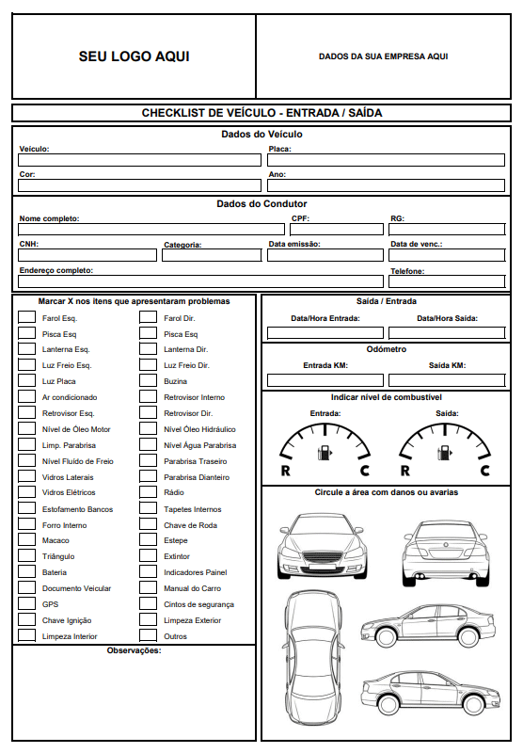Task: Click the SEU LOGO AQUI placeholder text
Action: click(x=134, y=56)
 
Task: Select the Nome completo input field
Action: click(x=151, y=230)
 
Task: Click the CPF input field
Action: click(x=336, y=230)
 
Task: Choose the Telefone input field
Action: click(x=451, y=281)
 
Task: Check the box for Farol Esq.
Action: click(x=26, y=317)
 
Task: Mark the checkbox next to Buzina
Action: click(x=148, y=381)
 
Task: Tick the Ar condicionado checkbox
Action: click(x=26, y=397)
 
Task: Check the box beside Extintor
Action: click(x=148, y=556)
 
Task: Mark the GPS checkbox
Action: click(x=26, y=604)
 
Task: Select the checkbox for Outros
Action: click(x=148, y=636)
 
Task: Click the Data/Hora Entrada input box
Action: click(x=325, y=332)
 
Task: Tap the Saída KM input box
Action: click(x=447, y=380)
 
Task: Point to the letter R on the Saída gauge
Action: click(x=404, y=471)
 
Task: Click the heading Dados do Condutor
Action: click(x=261, y=203)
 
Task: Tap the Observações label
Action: click(x=134, y=650)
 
